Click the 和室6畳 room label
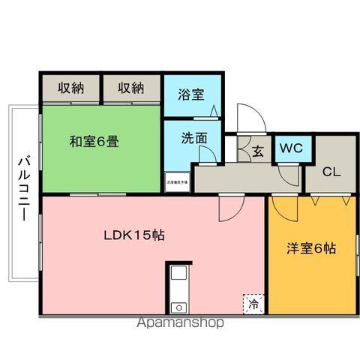[x=94, y=141]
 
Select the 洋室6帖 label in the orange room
[x=310, y=249]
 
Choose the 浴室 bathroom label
[x=191, y=94]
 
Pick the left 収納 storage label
[x=70, y=88]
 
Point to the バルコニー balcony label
[x=22, y=187]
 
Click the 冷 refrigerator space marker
[x=253, y=304]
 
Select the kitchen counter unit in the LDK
[x=178, y=289]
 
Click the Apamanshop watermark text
[x=180, y=324]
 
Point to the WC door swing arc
[x=286, y=172]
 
